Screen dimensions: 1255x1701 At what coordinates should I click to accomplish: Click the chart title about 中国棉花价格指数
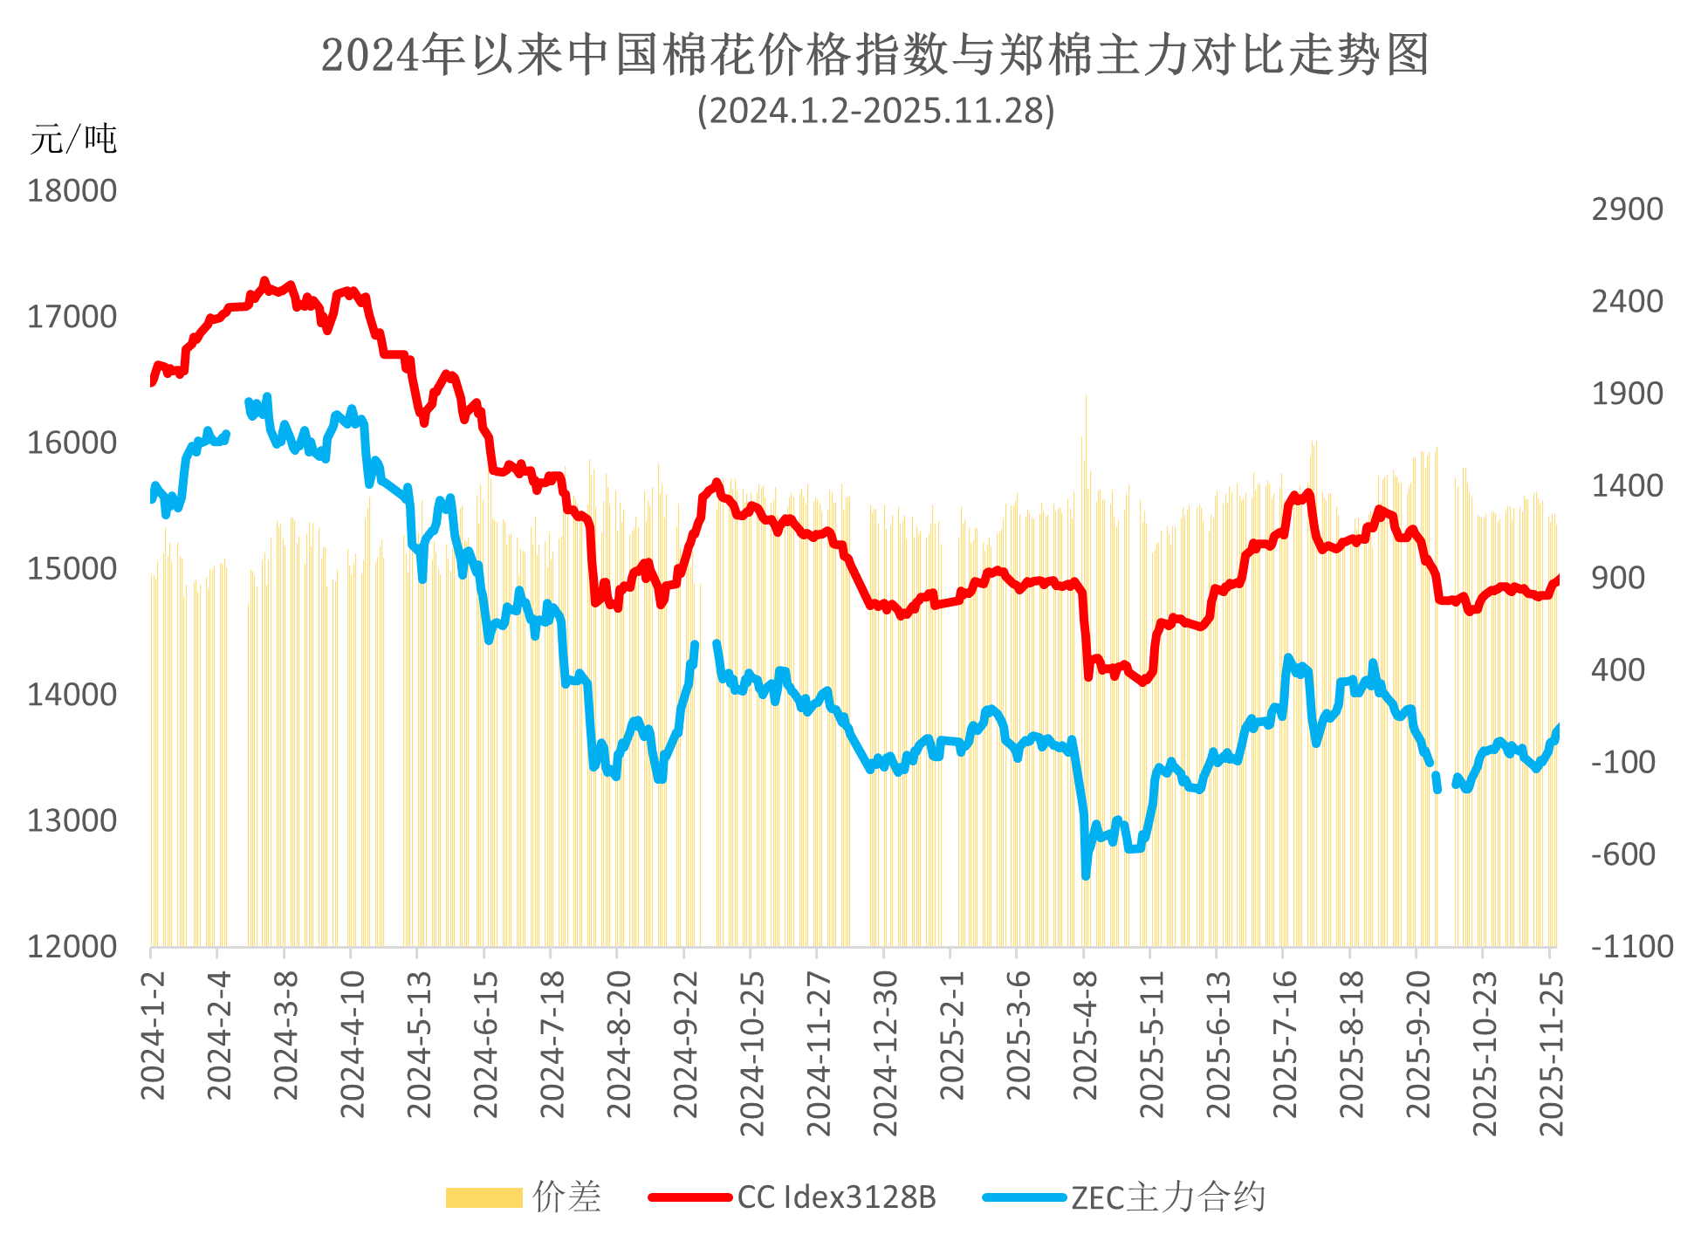(875, 54)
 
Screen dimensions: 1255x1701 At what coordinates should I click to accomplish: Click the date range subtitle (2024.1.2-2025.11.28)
(875, 111)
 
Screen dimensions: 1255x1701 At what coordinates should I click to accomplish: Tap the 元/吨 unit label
(73, 139)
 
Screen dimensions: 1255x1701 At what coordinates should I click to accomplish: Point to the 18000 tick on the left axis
(72, 190)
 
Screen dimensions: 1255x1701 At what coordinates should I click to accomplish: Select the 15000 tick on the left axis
(72, 568)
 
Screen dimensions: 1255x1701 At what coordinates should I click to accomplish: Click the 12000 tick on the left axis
(72, 946)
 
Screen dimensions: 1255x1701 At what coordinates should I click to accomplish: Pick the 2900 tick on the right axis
(1627, 209)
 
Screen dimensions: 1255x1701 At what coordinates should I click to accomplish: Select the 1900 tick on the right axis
(1627, 394)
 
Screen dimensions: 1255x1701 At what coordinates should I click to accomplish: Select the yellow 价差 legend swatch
(484, 1197)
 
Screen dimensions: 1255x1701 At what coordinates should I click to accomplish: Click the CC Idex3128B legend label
(836, 1197)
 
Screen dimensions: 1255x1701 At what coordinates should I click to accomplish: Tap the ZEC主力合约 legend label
(1168, 1197)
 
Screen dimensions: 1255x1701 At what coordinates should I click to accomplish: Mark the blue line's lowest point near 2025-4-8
(1087, 875)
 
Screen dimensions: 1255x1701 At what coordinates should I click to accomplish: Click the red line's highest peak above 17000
(264, 281)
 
